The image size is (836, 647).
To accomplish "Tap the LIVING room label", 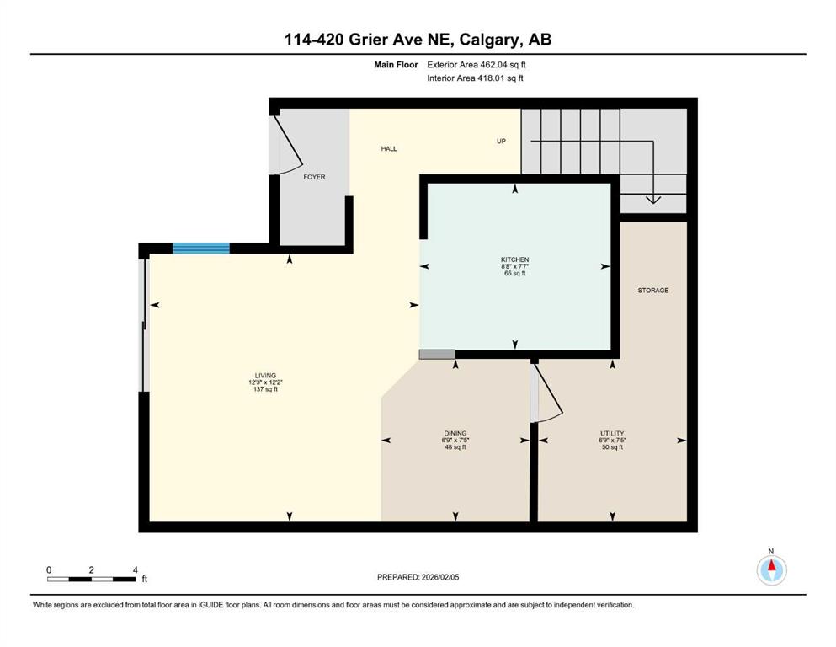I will pos(265,375).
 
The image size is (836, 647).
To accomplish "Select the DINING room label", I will pos(455,433).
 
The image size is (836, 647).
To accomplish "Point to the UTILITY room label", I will pos(611,433).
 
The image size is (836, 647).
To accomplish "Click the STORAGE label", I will pos(652,291).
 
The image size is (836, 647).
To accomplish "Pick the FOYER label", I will pos(314,177).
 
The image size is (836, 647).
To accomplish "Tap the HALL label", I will pos(388,149).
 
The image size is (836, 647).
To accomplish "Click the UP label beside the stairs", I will pos(501,141).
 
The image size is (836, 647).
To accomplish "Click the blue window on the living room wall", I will pos(200,248).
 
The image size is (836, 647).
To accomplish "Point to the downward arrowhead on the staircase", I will pos(652,200).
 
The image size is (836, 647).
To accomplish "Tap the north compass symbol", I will pos(771,569).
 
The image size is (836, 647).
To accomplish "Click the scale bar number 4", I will pos(135,569).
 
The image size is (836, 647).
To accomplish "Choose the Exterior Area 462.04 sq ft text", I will pos(477,64).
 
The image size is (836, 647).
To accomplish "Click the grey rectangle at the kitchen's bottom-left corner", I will pos(437,355).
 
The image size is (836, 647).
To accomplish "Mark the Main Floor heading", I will pos(395,64).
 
